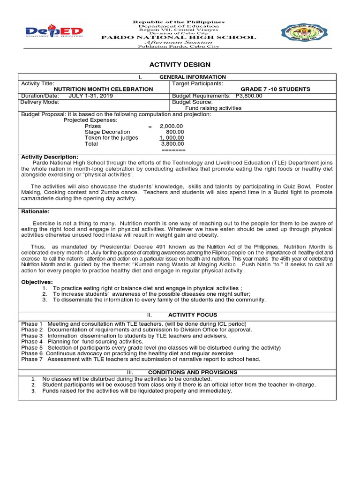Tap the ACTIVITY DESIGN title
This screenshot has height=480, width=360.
click(180, 65)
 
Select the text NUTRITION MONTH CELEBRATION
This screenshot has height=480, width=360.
click(104, 89)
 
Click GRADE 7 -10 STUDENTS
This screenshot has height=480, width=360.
click(275, 89)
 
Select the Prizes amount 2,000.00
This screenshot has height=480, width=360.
click(171, 126)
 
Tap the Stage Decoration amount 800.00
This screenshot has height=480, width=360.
click(175, 132)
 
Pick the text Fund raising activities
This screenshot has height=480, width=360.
click(213, 108)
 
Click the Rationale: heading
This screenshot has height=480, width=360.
click(35, 211)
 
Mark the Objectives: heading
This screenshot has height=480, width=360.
click(37, 282)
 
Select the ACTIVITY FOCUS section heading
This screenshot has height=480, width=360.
click(193, 315)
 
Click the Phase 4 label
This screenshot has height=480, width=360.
click(32, 342)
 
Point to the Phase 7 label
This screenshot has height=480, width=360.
click(32, 360)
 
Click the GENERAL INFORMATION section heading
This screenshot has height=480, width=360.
click(193, 77)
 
